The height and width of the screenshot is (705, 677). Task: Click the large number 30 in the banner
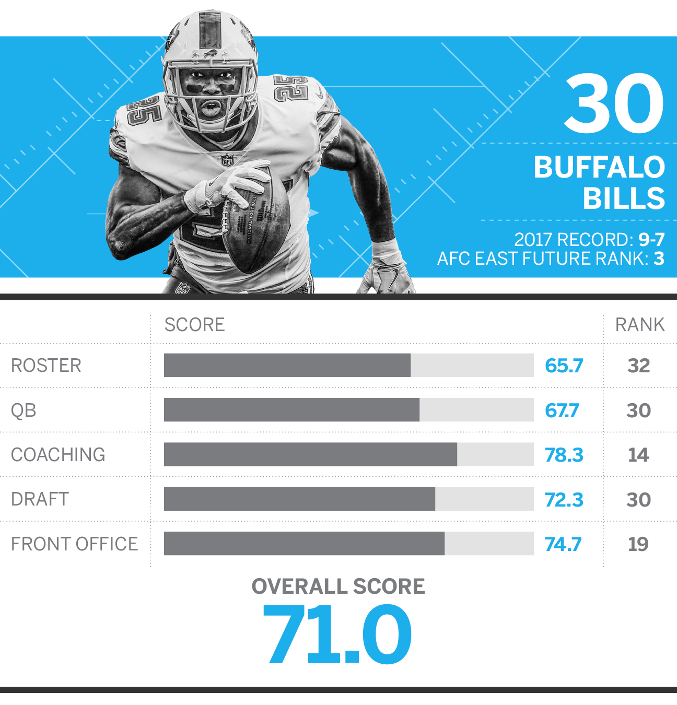pyautogui.click(x=614, y=103)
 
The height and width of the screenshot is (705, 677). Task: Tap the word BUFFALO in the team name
pyautogui.click(x=600, y=167)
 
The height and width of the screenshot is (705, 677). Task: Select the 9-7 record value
pyautogui.click(x=651, y=240)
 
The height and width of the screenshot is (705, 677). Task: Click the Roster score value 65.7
pyautogui.click(x=564, y=365)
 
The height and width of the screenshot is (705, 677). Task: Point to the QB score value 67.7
pyautogui.click(x=562, y=410)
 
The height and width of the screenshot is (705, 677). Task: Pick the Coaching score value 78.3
pyautogui.click(x=564, y=455)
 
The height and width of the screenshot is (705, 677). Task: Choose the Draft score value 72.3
pyautogui.click(x=564, y=500)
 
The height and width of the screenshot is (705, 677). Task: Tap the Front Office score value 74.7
pyautogui.click(x=563, y=544)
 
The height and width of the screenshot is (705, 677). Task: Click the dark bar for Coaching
pyautogui.click(x=311, y=454)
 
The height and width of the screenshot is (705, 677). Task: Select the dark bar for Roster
pyautogui.click(x=287, y=365)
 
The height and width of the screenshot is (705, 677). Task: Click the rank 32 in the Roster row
pyautogui.click(x=638, y=366)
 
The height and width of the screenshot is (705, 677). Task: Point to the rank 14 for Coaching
pyautogui.click(x=638, y=455)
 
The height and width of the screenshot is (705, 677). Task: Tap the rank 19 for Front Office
pyautogui.click(x=638, y=544)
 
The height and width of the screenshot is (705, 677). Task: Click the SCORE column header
pyautogui.click(x=195, y=325)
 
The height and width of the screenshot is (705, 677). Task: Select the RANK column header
pyautogui.click(x=640, y=325)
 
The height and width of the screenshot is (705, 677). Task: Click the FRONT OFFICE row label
pyautogui.click(x=74, y=544)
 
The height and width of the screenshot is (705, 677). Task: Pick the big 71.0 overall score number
pyautogui.click(x=337, y=634)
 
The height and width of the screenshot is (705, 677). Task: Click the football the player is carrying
pyautogui.click(x=255, y=221)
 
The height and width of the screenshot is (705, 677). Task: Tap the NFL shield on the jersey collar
pyautogui.click(x=227, y=160)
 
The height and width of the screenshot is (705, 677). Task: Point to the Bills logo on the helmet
pyautogui.click(x=211, y=54)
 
